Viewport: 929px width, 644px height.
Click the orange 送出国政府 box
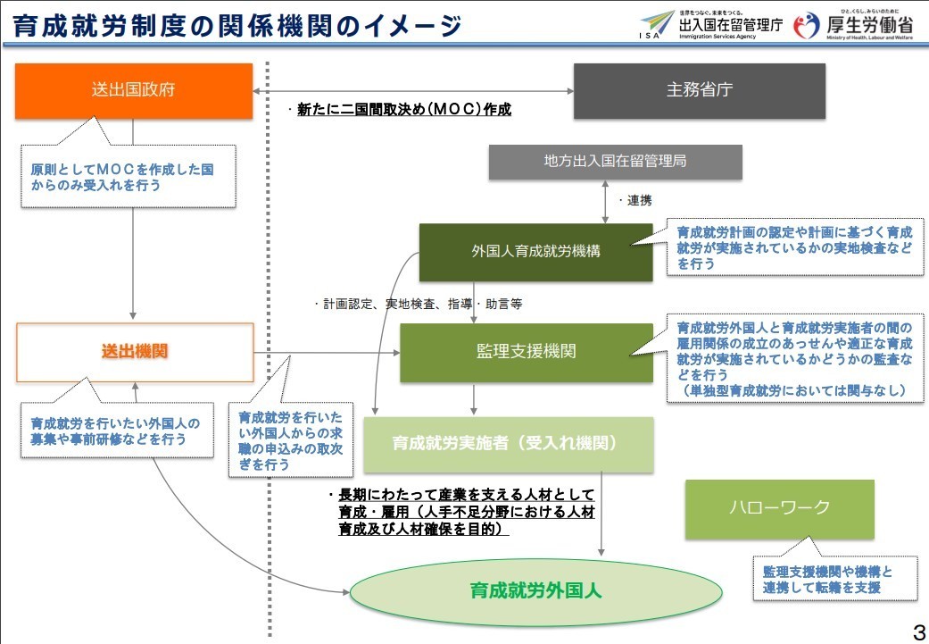(134, 91)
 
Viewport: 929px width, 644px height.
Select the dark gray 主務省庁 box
(699, 91)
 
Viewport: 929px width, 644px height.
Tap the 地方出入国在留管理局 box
(615, 162)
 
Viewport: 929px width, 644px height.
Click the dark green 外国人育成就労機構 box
(535, 251)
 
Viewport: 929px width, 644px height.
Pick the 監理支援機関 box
(527, 352)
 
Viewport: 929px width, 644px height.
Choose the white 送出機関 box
(135, 352)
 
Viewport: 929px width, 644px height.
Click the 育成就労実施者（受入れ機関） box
(509, 444)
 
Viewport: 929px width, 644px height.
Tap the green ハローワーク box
(780, 509)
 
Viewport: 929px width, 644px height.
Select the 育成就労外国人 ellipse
(535, 591)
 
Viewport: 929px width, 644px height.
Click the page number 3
(919, 632)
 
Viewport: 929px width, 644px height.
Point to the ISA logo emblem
(656, 25)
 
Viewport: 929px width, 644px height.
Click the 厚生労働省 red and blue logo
(807, 26)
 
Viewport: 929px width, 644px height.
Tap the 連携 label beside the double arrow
(639, 200)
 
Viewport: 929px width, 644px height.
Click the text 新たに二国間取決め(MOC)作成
(403, 110)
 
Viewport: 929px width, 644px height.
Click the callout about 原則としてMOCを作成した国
(128, 176)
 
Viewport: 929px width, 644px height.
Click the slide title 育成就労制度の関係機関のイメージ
(237, 26)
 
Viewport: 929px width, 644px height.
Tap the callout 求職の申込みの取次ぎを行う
(290, 440)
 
